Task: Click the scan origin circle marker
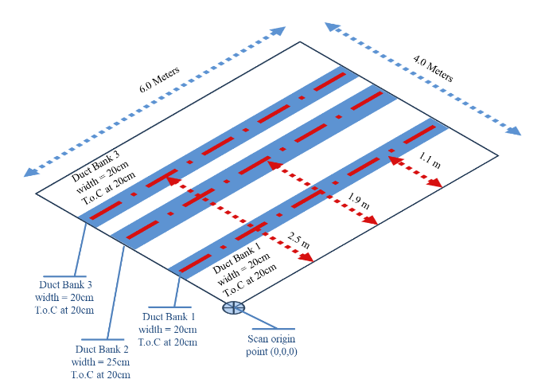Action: click(x=233, y=307)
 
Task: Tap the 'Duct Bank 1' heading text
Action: click(x=168, y=316)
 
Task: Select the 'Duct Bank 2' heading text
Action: click(x=101, y=350)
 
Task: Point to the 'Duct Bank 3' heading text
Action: click(x=66, y=284)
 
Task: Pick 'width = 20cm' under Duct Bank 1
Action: click(x=168, y=329)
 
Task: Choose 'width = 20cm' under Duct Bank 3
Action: click(x=66, y=297)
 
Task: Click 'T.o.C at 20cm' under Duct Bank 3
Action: click(x=66, y=310)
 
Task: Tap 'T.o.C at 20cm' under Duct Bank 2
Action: click(x=101, y=374)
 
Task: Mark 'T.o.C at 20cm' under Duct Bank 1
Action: click(x=168, y=342)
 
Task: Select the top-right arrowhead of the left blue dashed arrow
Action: click(x=278, y=31)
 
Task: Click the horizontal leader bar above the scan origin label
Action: click(x=273, y=328)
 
